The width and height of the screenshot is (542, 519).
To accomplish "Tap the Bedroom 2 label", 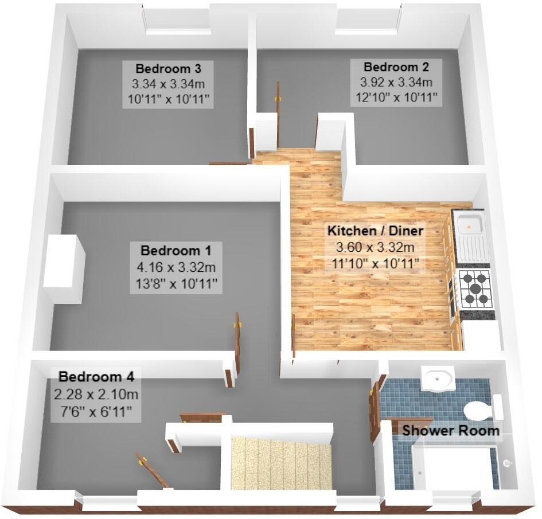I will click(x=395, y=67).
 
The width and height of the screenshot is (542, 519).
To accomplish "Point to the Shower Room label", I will click(x=450, y=430).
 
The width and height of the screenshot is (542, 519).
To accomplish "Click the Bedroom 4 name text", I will click(x=96, y=377).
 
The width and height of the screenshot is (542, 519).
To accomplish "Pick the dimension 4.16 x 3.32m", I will click(x=176, y=268).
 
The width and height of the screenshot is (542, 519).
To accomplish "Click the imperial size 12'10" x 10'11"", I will click(x=395, y=97).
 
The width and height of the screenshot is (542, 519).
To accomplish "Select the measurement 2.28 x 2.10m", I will click(x=96, y=395).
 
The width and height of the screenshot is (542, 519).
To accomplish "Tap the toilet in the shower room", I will click(x=477, y=411).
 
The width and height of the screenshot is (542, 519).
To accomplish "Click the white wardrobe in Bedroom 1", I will click(x=64, y=268).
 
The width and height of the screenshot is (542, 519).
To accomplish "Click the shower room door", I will click(x=376, y=408).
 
